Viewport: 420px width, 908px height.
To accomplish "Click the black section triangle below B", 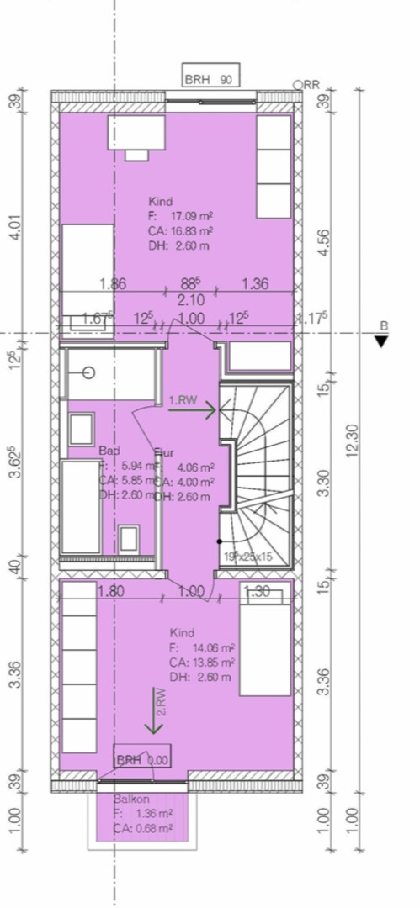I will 383,340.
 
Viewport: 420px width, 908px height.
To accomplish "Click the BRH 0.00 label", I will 141,759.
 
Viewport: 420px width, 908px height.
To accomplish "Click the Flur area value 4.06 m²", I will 195,467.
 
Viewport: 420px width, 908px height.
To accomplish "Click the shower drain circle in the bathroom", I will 89,372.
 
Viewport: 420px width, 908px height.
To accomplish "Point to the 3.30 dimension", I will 324,483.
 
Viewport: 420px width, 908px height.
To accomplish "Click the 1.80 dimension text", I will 111,591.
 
